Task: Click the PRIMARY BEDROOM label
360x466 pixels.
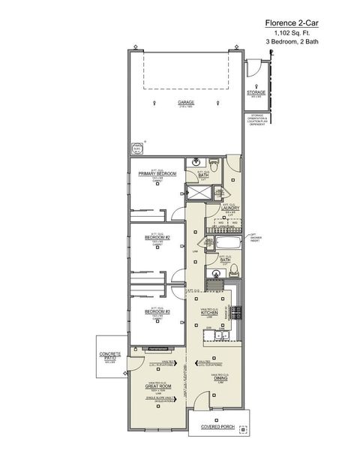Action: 157,173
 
